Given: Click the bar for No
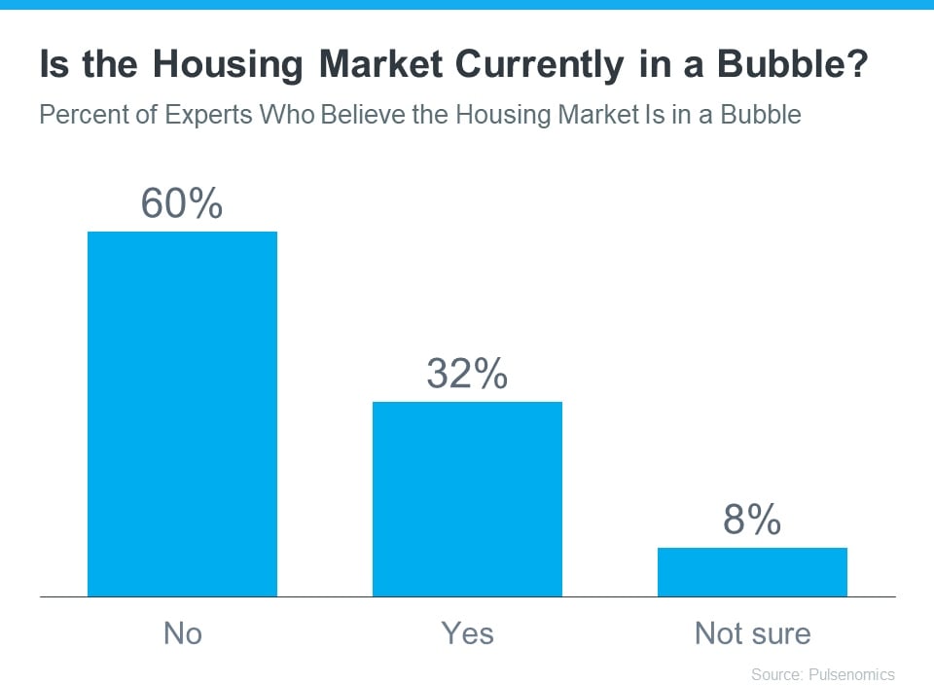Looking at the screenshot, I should pyautogui.click(x=182, y=414).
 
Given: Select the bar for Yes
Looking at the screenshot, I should pyautogui.click(x=467, y=498).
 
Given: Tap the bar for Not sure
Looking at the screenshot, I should pyautogui.click(x=752, y=571).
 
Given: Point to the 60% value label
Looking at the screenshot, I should pyautogui.click(x=182, y=203).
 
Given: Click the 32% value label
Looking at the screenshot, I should pyautogui.click(x=467, y=374).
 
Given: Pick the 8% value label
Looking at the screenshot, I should pyautogui.click(x=752, y=521).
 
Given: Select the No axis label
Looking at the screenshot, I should pyautogui.click(x=182, y=633).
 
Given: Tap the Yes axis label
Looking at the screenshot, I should pyautogui.click(x=467, y=633).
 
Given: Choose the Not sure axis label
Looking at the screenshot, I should pyautogui.click(x=752, y=633).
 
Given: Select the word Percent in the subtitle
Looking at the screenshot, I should pyautogui.click(x=81, y=115).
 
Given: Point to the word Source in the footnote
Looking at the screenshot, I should pyautogui.click(x=774, y=673).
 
